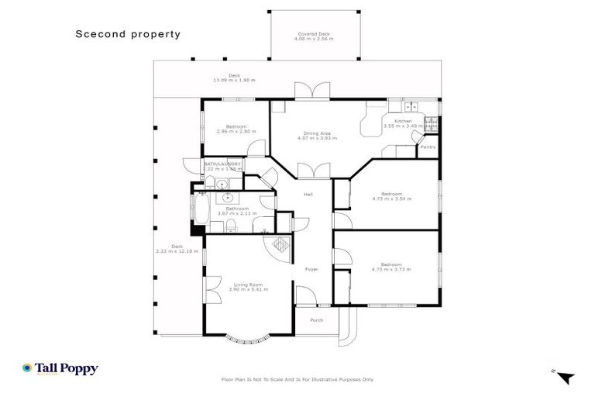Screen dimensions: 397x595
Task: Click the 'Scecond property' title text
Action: [128, 34]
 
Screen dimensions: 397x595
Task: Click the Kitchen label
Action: [403, 123]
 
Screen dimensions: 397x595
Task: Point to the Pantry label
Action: [427, 147]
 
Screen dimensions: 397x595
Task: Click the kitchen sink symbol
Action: [409, 105]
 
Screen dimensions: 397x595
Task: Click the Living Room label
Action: [249, 285]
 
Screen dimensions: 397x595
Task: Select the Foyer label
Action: [311, 271]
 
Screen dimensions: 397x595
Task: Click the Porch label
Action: [316, 320]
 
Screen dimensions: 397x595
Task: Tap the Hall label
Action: [308, 194]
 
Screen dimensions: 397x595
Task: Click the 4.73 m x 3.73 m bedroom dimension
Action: [391, 271]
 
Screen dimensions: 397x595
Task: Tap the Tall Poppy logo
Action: [60, 369]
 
